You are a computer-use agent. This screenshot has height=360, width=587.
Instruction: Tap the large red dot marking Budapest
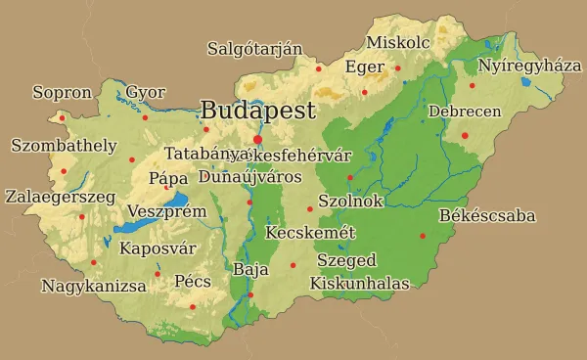click(x=257, y=139)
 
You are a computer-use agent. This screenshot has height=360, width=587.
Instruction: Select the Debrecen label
click(x=465, y=112)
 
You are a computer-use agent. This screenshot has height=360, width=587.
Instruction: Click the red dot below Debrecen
click(x=465, y=135)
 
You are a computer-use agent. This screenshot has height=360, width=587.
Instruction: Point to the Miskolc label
click(x=398, y=42)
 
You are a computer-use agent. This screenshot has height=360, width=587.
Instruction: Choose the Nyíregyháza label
click(x=529, y=66)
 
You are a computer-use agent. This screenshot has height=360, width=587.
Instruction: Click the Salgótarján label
click(x=254, y=49)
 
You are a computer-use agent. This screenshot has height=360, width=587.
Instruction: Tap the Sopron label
click(x=62, y=93)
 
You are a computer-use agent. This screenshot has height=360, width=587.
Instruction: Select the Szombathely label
click(x=64, y=146)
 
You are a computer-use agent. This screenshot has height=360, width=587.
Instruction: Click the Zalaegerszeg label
click(x=60, y=197)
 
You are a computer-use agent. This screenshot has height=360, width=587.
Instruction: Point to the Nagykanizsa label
click(x=94, y=287)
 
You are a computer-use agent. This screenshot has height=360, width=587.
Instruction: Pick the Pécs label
click(x=193, y=282)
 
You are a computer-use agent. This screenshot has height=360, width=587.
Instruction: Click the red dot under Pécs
click(x=193, y=306)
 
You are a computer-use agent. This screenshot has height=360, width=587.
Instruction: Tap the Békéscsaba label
click(x=487, y=215)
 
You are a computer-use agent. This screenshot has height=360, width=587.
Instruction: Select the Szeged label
click(x=346, y=261)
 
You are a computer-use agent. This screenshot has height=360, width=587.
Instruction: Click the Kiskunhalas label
click(x=359, y=283)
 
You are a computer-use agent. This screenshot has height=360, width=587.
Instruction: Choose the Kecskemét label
click(x=310, y=233)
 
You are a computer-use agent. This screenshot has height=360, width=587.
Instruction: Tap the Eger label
click(x=364, y=67)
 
